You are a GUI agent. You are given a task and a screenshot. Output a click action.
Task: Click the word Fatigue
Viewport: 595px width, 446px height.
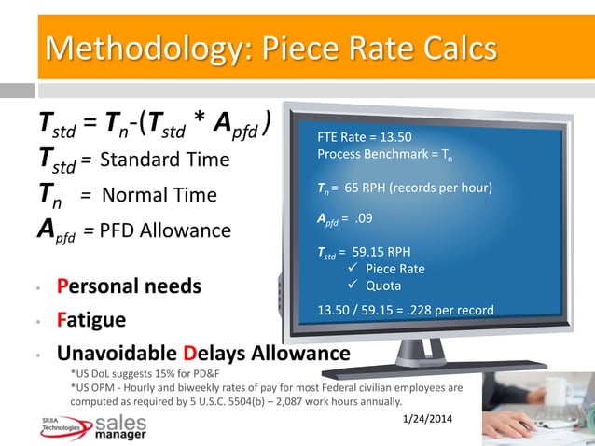[91, 320]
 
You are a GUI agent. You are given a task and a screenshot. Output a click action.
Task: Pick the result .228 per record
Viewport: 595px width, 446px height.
[445, 310]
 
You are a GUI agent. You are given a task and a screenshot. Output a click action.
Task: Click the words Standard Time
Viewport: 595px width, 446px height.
[164, 160]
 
